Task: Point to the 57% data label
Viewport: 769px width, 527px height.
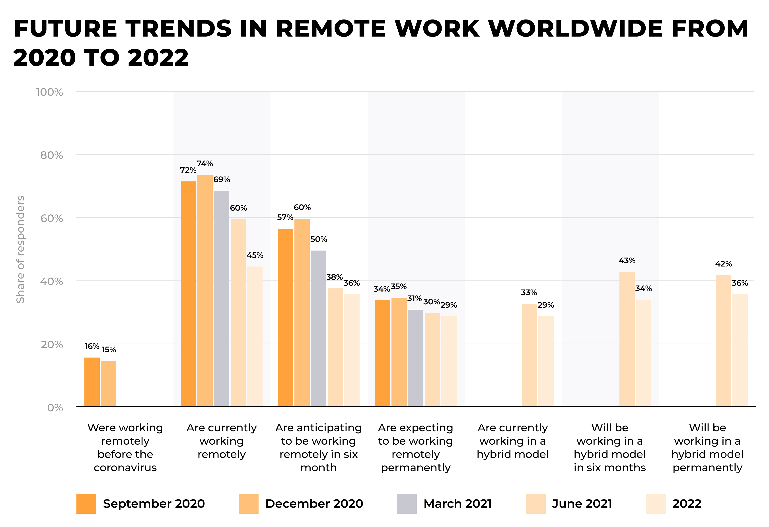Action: point(285,217)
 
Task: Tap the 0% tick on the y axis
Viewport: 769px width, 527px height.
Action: point(55,408)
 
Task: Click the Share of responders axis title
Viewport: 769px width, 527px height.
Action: point(21,249)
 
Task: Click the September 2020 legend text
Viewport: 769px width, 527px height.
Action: point(154,504)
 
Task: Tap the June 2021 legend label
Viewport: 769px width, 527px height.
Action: point(582,504)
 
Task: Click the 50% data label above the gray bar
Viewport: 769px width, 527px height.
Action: point(318,239)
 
